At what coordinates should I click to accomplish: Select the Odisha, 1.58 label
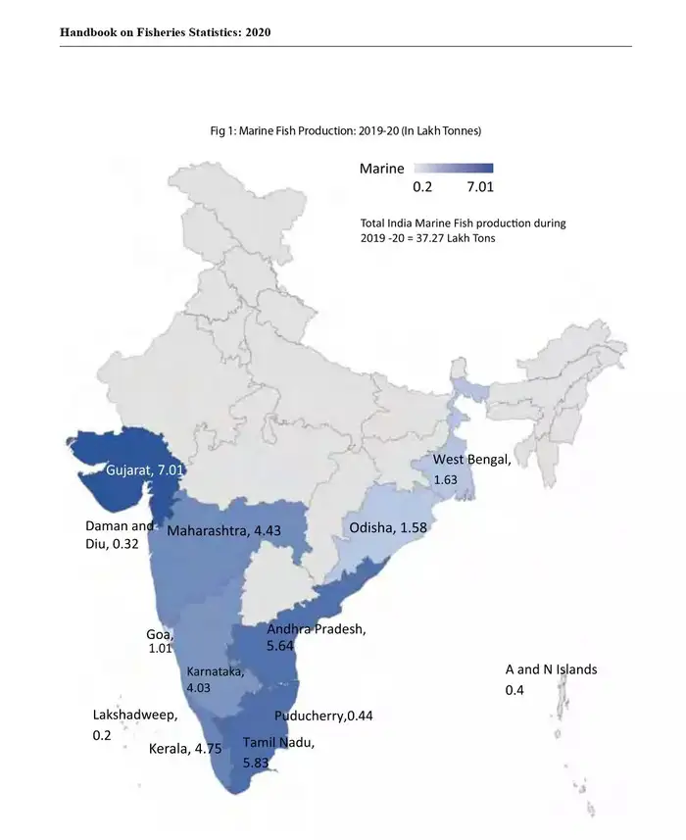coord(391,529)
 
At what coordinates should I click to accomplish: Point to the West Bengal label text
coord(471,461)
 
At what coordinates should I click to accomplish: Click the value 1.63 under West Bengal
coord(446,480)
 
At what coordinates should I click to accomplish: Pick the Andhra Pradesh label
coord(317,629)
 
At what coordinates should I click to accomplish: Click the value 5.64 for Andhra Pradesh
coord(284,647)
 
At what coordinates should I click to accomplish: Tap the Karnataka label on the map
coord(216,671)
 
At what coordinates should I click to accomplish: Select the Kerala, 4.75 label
coord(185,750)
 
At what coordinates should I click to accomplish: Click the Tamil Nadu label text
coord(278,743)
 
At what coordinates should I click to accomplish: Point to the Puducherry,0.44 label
coord(323,716)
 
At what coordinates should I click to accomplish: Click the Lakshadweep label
coord(135,715)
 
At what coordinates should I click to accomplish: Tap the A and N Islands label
coord(551,670)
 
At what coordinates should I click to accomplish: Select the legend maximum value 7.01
coord(474,187)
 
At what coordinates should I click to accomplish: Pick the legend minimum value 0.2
coord(422,187)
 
